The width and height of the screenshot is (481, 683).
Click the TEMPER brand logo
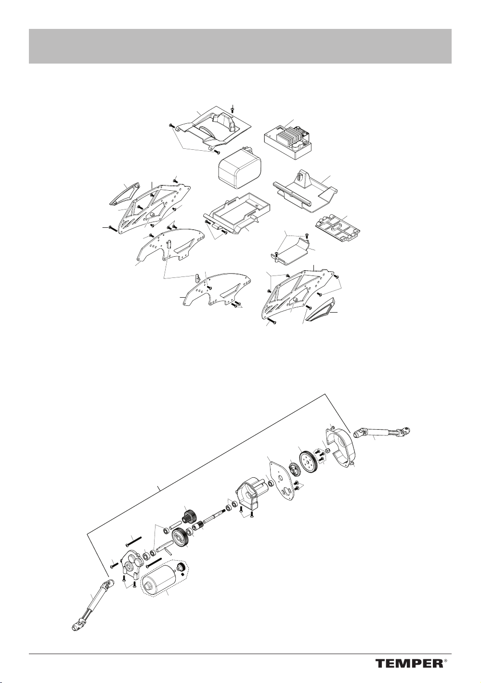pos(409,663)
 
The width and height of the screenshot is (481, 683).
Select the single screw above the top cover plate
pos(233,109)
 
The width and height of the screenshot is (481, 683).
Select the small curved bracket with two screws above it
pos(292,253)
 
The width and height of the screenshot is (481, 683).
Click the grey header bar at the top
pos(240,46)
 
